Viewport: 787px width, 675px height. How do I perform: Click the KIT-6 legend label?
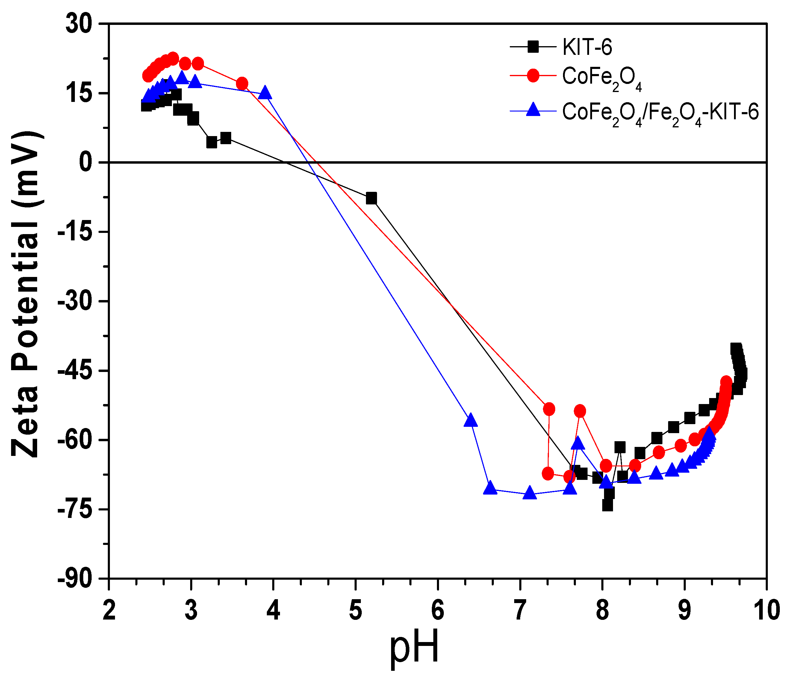pos(587,48)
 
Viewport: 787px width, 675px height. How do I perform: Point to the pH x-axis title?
pos(414,647)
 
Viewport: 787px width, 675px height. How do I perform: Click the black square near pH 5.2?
pos(371,198)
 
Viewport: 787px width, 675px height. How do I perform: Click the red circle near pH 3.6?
pos(242,84)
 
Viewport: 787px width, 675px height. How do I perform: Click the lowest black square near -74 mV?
pos(607,505)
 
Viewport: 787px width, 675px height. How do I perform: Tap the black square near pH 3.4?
pos(225,138)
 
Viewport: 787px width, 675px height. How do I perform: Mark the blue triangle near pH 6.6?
pos(490,488)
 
